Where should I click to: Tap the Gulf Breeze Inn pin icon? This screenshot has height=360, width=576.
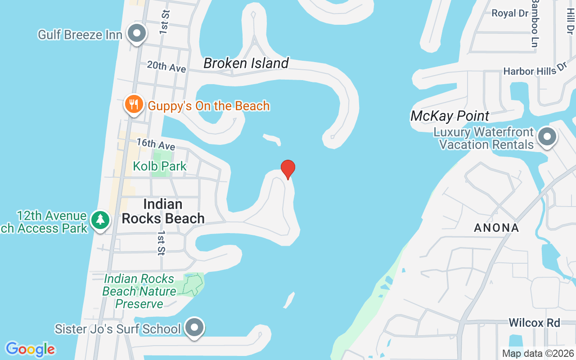point(136,34)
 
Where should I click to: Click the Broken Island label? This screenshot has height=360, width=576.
point(246,63)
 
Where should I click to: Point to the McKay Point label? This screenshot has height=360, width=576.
point(450,116)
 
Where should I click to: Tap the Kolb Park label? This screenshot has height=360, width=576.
point(160,166)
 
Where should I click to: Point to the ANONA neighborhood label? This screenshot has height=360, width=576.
point(497,228)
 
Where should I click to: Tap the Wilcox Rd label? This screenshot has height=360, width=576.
point(535,323)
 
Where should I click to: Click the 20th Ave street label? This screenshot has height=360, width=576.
point(166,67)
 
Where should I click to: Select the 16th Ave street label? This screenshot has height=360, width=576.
point(156,144)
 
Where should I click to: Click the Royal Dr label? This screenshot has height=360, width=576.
point(510,13)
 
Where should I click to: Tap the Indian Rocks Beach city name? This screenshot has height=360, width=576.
point(163,211)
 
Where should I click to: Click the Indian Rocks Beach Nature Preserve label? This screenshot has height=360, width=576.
point(139,291)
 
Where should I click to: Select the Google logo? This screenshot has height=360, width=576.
point(30,349)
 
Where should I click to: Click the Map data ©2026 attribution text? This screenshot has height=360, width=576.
point(538,354)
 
